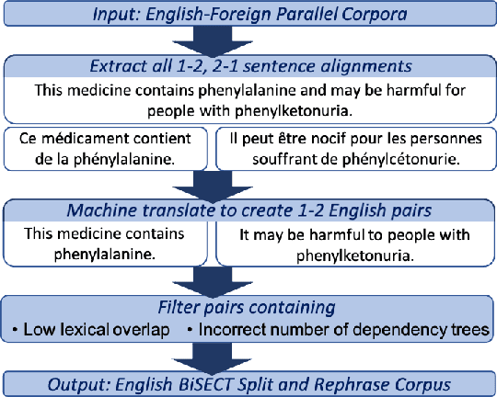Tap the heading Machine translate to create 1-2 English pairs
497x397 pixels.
248,210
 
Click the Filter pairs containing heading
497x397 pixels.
248,306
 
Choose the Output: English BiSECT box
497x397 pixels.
248,381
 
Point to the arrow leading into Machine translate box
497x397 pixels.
248,181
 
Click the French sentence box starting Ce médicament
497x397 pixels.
110,147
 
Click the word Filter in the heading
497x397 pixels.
172,306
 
